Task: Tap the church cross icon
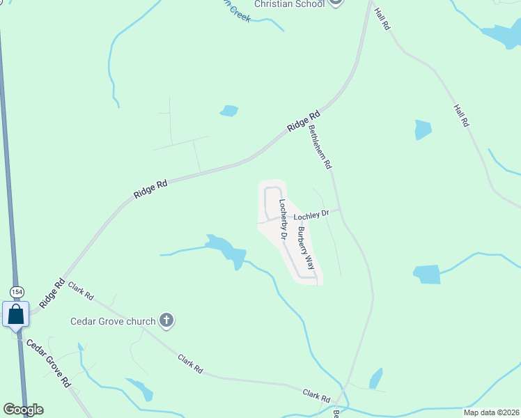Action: [x=166, y=320]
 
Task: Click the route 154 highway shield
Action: [x=17, y=291]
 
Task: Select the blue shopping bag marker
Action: [x=16, y=315]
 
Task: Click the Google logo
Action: [x=23, y=410]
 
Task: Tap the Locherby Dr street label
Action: [x=283, y=219]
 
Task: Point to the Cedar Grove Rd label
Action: [x=49, y=362]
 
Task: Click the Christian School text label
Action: [x=289, y=4]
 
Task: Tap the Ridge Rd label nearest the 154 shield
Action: [x=52, y=293]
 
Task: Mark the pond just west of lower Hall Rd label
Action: [x=423, y=130]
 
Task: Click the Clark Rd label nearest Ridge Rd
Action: [x=81, y=291]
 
